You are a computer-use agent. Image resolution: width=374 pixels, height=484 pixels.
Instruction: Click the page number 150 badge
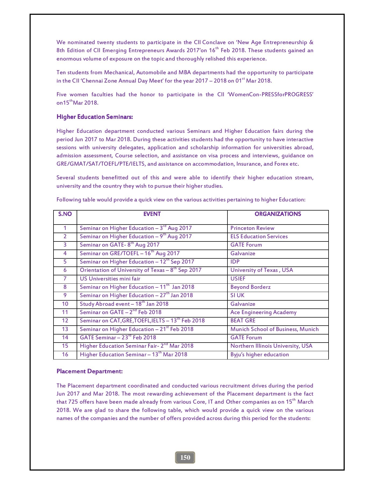[185, 457]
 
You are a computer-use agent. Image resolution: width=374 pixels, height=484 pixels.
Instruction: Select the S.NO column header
[65, 214]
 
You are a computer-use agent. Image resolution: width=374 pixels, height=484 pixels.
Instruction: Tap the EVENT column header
[152, 214]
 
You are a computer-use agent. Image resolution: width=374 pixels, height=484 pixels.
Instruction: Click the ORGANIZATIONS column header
[278, 214]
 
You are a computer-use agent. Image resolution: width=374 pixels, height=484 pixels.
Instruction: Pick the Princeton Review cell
[252, 228]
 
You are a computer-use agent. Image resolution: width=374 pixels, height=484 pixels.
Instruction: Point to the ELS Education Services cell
[259, 237]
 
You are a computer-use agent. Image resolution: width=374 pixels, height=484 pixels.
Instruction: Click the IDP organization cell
[235, 262]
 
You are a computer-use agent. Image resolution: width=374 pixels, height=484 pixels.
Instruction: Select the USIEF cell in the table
[238, 279]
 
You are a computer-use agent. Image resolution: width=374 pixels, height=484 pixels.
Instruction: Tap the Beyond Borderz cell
[250, 287]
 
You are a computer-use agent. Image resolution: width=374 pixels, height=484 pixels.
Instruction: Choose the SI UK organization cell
[237, 295]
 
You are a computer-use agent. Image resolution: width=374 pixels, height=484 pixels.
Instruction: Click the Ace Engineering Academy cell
[263, 312]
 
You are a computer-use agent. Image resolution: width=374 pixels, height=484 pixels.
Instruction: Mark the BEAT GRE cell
[243, 321]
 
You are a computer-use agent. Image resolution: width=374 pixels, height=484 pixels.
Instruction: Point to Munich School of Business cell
[274, 329]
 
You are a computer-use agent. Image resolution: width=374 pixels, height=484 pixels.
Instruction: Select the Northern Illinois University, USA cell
[271, 346]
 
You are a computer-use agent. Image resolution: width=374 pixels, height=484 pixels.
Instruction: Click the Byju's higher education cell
[259, 354]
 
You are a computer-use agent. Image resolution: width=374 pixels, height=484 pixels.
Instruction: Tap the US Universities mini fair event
[110, 279]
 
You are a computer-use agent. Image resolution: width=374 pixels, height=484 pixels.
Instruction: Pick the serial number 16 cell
[65, 354]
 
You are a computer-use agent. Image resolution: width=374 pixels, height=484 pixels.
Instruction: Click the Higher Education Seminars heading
[95, 117]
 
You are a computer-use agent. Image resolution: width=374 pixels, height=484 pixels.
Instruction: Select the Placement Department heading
[90, 371]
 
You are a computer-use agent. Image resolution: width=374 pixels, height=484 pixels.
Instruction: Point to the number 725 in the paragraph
[73, 402]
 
